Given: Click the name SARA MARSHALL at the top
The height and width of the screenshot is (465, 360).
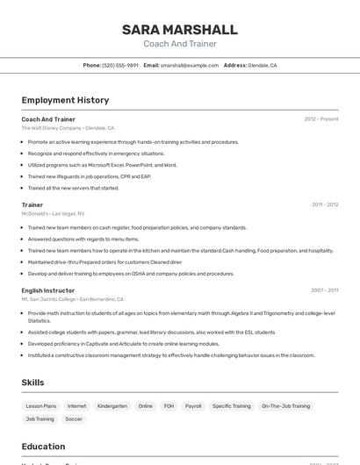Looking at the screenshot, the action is tap(179, 30).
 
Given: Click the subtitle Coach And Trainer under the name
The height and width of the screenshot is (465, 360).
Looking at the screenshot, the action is tap(179, 44).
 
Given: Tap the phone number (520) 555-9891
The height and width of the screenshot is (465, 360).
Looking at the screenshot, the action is tap(120, 66).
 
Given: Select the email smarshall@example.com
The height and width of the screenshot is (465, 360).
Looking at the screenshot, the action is tap(190, 66).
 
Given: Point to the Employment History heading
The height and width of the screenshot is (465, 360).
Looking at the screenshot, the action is tap(65, 100).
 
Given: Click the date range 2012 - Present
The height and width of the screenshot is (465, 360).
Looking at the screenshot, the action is tap(320, 118).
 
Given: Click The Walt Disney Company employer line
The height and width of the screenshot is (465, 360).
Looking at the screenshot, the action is tap(68, 128).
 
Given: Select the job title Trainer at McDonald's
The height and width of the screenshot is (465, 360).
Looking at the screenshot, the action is tap(32, 204).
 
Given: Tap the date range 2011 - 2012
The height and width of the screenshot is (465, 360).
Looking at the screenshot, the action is tap(324, 204).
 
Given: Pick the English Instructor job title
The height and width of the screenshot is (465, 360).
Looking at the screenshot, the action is tap(48, 290).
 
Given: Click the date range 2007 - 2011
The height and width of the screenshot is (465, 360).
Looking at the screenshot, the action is tap(324, 290).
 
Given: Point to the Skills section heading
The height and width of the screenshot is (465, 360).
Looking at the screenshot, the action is tap(32, 383).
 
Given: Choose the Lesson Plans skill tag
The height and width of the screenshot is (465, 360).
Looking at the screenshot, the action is tap(40, 406).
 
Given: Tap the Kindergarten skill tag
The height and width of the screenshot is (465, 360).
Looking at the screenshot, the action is tap(112, 406).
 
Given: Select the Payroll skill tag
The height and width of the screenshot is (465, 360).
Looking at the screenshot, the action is tap(193, 406).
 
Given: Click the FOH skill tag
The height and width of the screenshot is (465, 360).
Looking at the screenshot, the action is tap(169, 406).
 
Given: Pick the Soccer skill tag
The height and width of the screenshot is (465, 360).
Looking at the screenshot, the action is tap(74, 419).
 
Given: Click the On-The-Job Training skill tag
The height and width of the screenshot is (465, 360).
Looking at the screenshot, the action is tap(286, 406).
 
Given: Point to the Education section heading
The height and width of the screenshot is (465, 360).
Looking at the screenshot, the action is tap(43, 447).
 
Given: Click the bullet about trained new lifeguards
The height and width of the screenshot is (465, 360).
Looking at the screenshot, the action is tap(90, 176).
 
